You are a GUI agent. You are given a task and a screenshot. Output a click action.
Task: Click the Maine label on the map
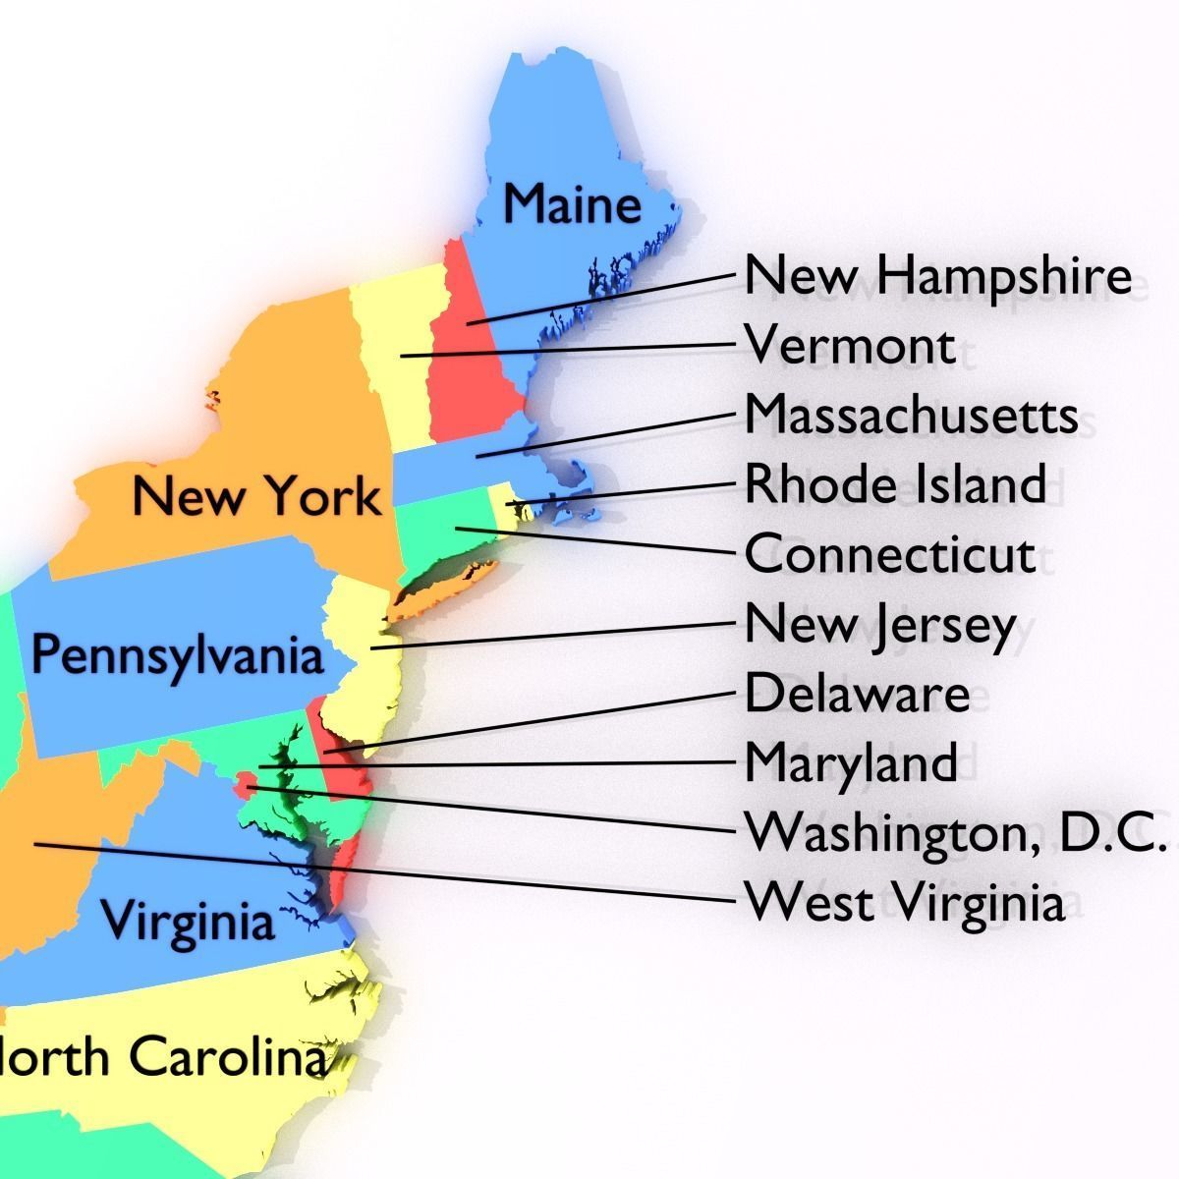pos(572,204)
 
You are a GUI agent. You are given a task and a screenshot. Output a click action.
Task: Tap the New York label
pos(256,496)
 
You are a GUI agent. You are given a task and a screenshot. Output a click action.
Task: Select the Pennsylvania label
pos(177,654)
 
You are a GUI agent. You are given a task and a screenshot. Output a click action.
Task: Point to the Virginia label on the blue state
pos(189,922)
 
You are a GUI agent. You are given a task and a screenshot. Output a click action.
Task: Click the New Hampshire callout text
pos(937,276)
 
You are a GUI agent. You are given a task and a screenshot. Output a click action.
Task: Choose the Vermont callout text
pos(850,346)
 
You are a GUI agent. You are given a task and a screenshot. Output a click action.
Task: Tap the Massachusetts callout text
pos(911,415)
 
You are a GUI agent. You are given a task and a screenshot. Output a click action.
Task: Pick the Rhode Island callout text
pos(895,484)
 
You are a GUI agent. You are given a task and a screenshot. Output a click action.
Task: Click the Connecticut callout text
pos(890,554)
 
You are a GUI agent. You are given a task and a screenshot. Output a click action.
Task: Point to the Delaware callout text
pos(857,694)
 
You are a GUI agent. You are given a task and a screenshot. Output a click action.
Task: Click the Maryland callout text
pos(851,762)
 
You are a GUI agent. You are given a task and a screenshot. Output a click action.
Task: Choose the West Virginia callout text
pos(905,902)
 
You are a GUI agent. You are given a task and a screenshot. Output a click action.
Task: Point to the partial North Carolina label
pos(163,1059)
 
